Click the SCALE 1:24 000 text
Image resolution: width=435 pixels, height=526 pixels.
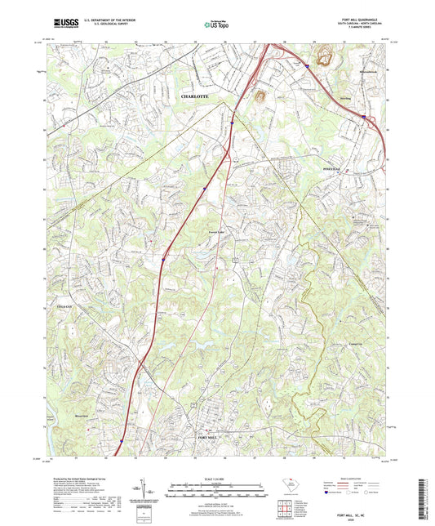pos(217,478)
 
